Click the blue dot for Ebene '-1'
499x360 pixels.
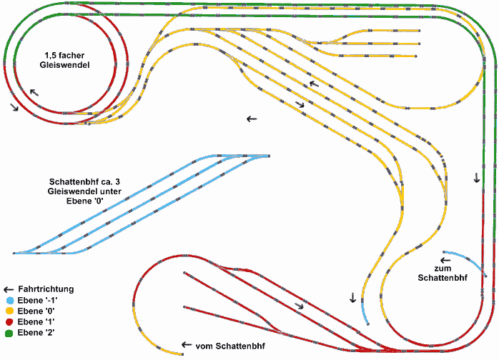pos(9,301)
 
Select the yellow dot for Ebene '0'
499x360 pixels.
pos(9,311)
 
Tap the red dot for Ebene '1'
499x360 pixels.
pos(9,322)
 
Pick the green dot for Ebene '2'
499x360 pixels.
pos(9,333)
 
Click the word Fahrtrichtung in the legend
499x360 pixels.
pos(46,289)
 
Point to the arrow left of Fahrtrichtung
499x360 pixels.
pos(9,289)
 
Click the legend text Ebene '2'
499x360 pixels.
pos(36,333)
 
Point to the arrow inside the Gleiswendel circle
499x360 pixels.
pos(34,92)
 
